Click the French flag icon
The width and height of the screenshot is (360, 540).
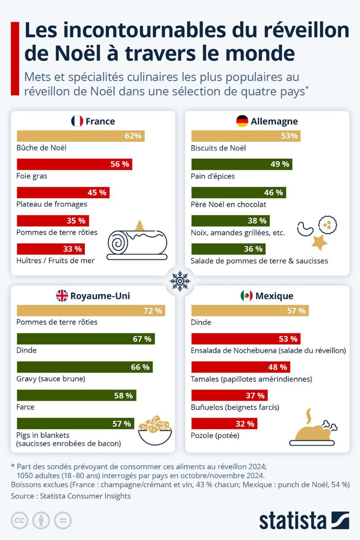coord(77,121)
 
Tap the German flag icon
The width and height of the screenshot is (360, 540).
coord(242,121)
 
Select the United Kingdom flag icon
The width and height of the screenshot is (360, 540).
coord(62,296)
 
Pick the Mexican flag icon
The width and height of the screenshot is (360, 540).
coord(246,296)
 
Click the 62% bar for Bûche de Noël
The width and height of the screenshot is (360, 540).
coord(81,136)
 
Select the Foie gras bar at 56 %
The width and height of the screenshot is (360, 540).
coord(74,164)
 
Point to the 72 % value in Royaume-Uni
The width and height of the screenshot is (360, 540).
coord(153,311)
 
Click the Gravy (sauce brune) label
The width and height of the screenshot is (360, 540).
coord(51,378)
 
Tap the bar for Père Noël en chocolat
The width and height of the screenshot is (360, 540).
coord(238,192)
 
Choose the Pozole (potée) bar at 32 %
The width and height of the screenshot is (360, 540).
coord(224,424)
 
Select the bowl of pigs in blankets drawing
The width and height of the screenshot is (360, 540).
coord(155,430)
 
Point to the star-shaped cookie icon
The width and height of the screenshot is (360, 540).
coord(319,242)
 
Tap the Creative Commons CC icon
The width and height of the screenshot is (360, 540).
coord(19,520)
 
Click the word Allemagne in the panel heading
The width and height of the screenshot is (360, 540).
coord(274,121)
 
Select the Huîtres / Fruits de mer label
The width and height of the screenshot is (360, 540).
coord(55,261)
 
